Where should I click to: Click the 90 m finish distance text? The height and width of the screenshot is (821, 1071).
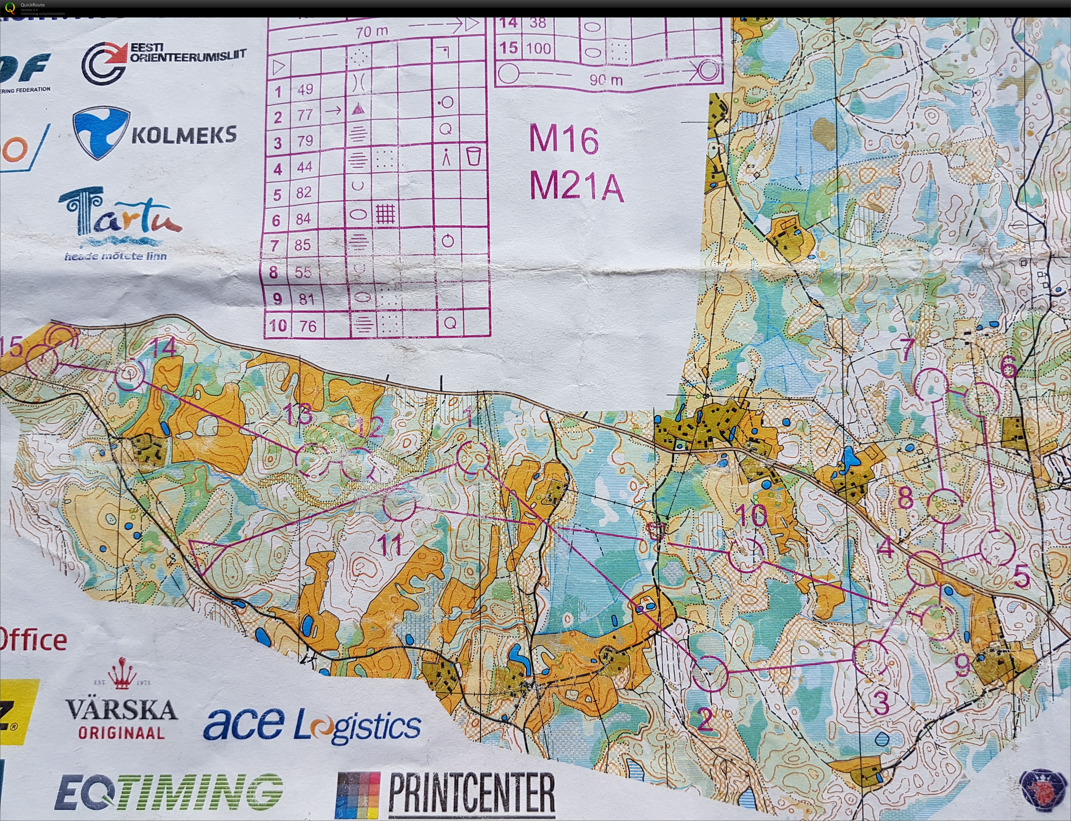[x=606, y=80]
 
